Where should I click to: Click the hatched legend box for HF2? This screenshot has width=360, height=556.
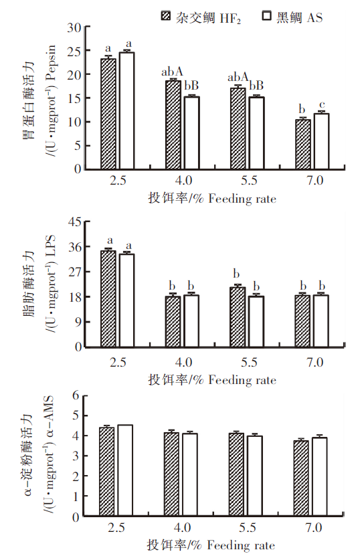pyautogui.click(x=165, y=16)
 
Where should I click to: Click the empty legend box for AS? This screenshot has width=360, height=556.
pyautogui.click(x=267, y=16)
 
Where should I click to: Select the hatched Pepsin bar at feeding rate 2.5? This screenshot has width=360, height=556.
pyautogui.click(x=108, y=114)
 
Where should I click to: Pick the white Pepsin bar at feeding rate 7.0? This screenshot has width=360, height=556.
pyautogui.click(x=322, y=141)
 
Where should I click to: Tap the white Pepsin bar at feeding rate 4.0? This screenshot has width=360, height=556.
pyautogui.click(x=191, y=132)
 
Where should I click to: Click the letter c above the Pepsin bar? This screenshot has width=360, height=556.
pyautogui.click(x=322, y=105)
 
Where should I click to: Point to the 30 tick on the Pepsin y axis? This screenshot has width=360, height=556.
pyautogui.click(x=74, y=27)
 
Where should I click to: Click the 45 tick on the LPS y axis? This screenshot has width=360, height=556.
pyautogui.click(x=74, y=222)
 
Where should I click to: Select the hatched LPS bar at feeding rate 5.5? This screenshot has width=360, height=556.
pyautogui.click(x=238, y=316)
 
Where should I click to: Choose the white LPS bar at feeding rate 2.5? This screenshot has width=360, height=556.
pyautogui.click(x=126, y=300)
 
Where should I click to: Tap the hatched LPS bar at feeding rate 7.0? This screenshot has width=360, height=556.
pyautogui.click(x=302, y=321)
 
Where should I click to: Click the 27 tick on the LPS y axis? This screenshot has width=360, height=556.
pyautogui.click(x=74, y=272)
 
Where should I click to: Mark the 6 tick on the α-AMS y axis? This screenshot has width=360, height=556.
pyautogui.click(x=76, y=395)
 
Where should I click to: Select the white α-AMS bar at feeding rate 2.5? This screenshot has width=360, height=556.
pyautogui.click(x=125, y=470)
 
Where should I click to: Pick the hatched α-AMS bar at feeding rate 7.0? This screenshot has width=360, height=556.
pyautogui.click(x=301, y=478)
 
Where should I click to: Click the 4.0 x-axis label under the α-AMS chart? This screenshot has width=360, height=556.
pyautogui.click(x=182, y=528)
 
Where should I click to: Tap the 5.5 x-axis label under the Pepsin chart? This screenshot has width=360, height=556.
pyautogui.click(x=249, y=181)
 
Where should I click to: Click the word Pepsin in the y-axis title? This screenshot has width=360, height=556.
pyautogui.click(x=51, y=62)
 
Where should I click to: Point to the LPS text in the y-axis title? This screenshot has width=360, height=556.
pyautogui.click(x=51, y=246)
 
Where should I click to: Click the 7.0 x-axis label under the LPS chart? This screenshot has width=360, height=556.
pyautogui.click(x=315, y=363)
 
